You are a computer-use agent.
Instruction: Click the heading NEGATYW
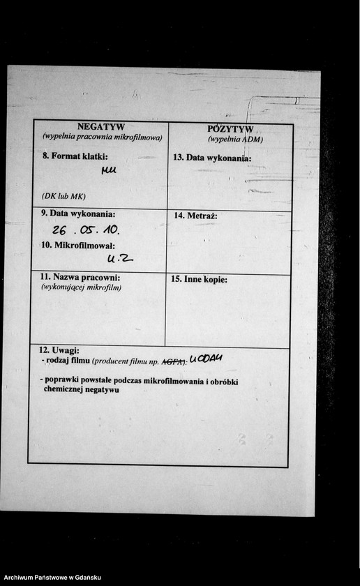[x=101, y=127]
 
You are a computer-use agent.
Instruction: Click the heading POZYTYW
[x=231, y=128]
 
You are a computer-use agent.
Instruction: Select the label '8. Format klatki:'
[x=75, y=156]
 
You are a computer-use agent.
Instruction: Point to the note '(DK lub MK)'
[x=63, y=195]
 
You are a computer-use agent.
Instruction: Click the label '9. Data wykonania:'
[x=78, y=214]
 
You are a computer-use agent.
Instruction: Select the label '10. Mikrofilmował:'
[x=77, y=245]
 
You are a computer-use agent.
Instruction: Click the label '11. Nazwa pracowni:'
[x=80, y=278]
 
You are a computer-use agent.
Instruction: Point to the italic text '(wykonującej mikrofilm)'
[x=81, y=287]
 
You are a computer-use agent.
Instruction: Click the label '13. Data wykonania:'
[x=211, y=158]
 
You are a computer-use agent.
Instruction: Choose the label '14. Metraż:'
[x=195, y=216]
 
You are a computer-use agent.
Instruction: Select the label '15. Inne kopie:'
[x=199, y=279]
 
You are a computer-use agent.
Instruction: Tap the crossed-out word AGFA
[x=172, y=361]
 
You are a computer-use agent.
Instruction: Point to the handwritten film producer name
[x=205, y=359]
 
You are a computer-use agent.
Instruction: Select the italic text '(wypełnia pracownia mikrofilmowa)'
[x=102, y=137]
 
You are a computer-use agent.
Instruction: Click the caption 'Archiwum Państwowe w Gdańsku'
[x=52, y=578]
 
